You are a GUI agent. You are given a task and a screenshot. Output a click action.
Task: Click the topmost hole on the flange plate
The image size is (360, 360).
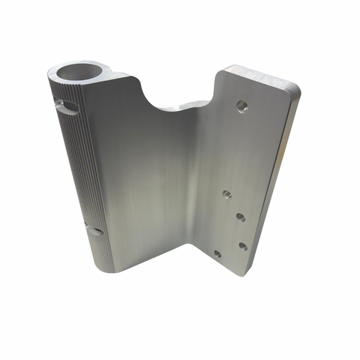coord(241,106)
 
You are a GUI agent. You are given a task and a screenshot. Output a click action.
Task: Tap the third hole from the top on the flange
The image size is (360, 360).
coord(240,217)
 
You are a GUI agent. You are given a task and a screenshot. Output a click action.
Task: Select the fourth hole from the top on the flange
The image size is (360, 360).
coord(243,245)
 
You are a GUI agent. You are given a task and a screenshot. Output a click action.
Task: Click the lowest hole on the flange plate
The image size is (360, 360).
coord(217,253)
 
